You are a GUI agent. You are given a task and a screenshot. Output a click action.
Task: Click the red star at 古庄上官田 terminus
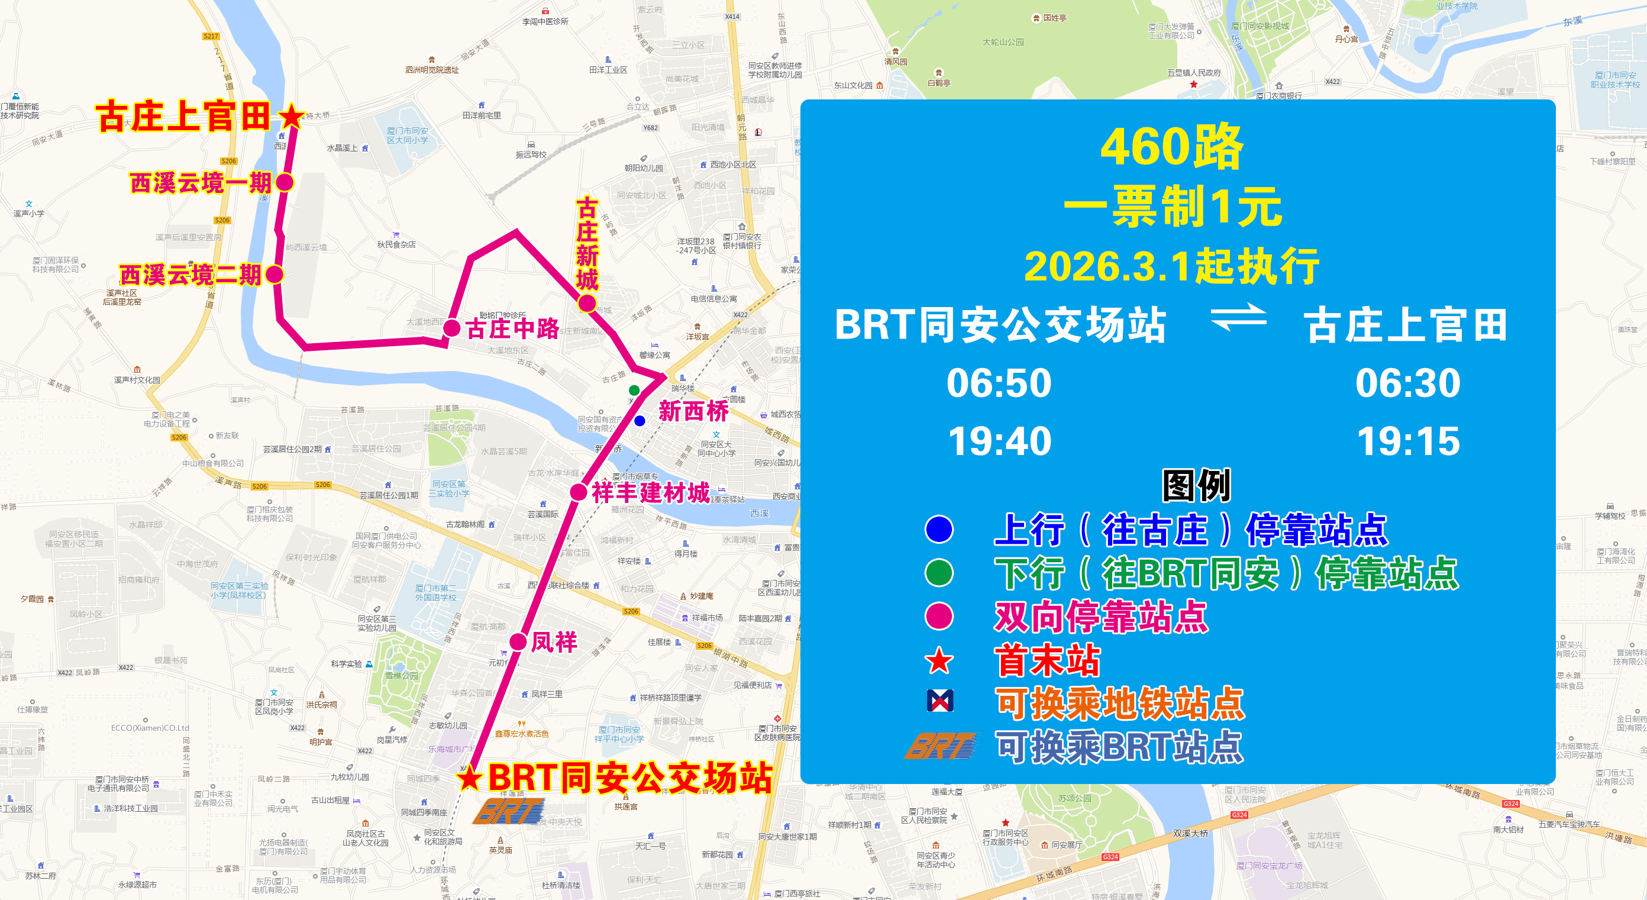292,117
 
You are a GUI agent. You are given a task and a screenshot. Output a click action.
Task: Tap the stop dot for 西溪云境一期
285,183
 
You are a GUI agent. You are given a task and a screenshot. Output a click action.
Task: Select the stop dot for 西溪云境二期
274,275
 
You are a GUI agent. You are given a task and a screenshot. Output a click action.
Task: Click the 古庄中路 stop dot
452,328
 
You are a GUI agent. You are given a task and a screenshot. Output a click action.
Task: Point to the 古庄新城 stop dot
587,302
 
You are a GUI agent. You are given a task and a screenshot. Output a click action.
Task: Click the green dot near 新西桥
634,390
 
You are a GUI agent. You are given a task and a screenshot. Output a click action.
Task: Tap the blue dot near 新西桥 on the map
640,421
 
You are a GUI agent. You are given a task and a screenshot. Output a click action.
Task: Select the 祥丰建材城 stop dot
579,492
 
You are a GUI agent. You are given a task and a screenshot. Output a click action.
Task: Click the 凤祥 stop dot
518,641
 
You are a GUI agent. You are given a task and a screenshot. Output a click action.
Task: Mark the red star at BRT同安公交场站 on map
470,778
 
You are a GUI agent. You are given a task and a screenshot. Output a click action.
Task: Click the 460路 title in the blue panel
1171,147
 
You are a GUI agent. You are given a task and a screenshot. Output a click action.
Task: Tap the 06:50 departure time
999,382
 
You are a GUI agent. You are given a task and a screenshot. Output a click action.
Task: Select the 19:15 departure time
1409,441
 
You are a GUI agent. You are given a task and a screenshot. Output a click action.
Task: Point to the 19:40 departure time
999,441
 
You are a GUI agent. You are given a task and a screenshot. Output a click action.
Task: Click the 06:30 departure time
1408,382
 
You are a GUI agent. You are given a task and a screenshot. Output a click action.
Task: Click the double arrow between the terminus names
1238,317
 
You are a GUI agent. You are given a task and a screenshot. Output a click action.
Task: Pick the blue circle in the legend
939,529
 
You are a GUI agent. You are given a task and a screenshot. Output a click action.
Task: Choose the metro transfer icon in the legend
940,701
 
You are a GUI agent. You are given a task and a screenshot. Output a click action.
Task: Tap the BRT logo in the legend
940,746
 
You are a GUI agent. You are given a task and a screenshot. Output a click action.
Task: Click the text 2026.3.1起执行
1171,266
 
